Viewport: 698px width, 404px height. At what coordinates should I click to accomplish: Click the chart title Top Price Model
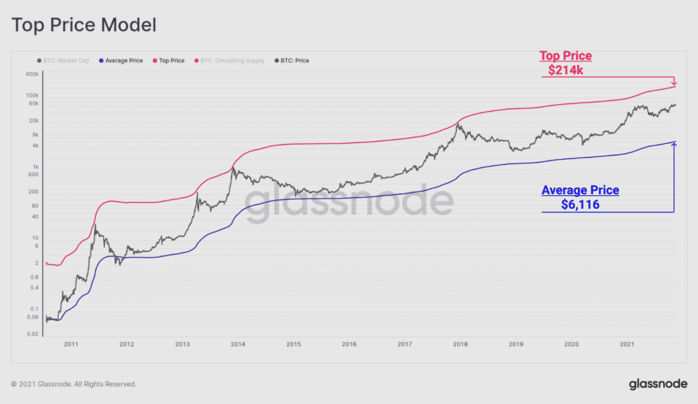click(84, 25)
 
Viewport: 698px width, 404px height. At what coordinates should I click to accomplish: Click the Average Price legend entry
click(121, 61)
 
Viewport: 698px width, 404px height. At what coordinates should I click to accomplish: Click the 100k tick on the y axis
click(32, 95)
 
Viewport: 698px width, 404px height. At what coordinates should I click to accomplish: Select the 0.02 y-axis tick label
click(32, 334)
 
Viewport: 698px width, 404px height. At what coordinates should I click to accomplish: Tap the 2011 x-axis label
click(71, 344)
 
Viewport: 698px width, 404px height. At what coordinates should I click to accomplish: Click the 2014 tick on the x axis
click(237, 344)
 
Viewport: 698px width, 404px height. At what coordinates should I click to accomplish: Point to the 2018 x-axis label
click(460, 344)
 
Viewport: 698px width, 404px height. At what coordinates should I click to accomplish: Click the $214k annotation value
click(566, 70)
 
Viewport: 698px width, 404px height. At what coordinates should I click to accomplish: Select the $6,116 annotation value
click(580, 204)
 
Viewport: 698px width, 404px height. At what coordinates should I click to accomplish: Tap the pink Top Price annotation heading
click(566, 57)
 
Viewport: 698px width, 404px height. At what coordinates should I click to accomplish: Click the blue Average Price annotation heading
click(580, 190)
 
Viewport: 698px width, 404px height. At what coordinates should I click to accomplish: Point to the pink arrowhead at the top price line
click(674, 84)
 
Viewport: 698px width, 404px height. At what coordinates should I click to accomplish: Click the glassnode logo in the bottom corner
click(658, 384)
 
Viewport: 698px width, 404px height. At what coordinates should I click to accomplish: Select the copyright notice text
click(74, 384)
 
